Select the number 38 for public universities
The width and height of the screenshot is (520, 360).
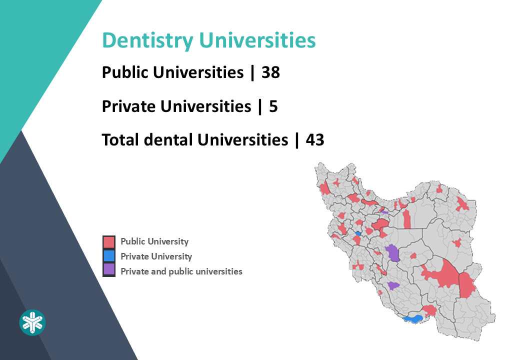pos(270,72)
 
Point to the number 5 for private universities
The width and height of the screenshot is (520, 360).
pos(273,106)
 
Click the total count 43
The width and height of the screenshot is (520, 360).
pos(315,139)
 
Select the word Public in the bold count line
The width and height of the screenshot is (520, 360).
pos(125,72)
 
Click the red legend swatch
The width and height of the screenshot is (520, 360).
pos(109,242)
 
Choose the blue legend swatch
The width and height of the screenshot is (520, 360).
pos(109,256)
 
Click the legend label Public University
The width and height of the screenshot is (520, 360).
pos(154,241)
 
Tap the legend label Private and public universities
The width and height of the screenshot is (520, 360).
pos(181,271)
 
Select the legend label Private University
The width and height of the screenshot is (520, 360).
pos(156,256)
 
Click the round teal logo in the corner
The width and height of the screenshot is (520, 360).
pos(32,322)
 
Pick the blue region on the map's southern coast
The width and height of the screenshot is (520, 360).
pos(413,318)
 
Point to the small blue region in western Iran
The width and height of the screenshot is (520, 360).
pos(358,233)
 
